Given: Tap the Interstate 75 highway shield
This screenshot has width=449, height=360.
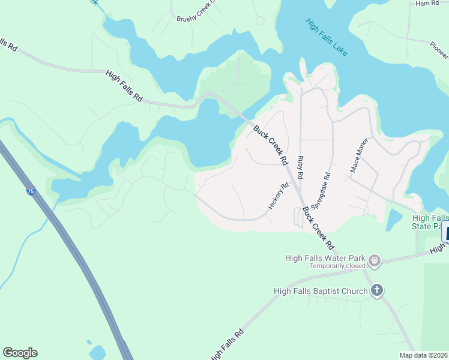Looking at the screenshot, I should point(31,191).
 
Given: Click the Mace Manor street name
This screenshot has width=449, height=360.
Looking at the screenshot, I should point(358,160).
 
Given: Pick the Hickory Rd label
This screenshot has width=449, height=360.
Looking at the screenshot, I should point(279,197).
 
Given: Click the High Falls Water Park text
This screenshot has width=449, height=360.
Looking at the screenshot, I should point(325,258).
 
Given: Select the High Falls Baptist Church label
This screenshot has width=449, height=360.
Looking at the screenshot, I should point(320,292).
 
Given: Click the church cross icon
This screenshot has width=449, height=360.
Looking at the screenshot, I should point(376,291).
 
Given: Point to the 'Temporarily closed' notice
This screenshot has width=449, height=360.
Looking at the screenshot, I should point(337,266).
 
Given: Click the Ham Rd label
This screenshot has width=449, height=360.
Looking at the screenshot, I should point(427,4).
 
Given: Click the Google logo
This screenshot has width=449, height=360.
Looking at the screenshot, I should point(20,353).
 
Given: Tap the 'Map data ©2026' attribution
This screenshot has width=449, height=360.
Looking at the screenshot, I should point(423,355).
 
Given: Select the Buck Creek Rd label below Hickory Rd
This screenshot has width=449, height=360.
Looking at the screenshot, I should point(318,228).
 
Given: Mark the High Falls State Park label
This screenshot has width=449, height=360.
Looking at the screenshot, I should point(430,221).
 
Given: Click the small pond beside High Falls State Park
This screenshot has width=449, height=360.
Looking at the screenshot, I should point(394,220).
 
